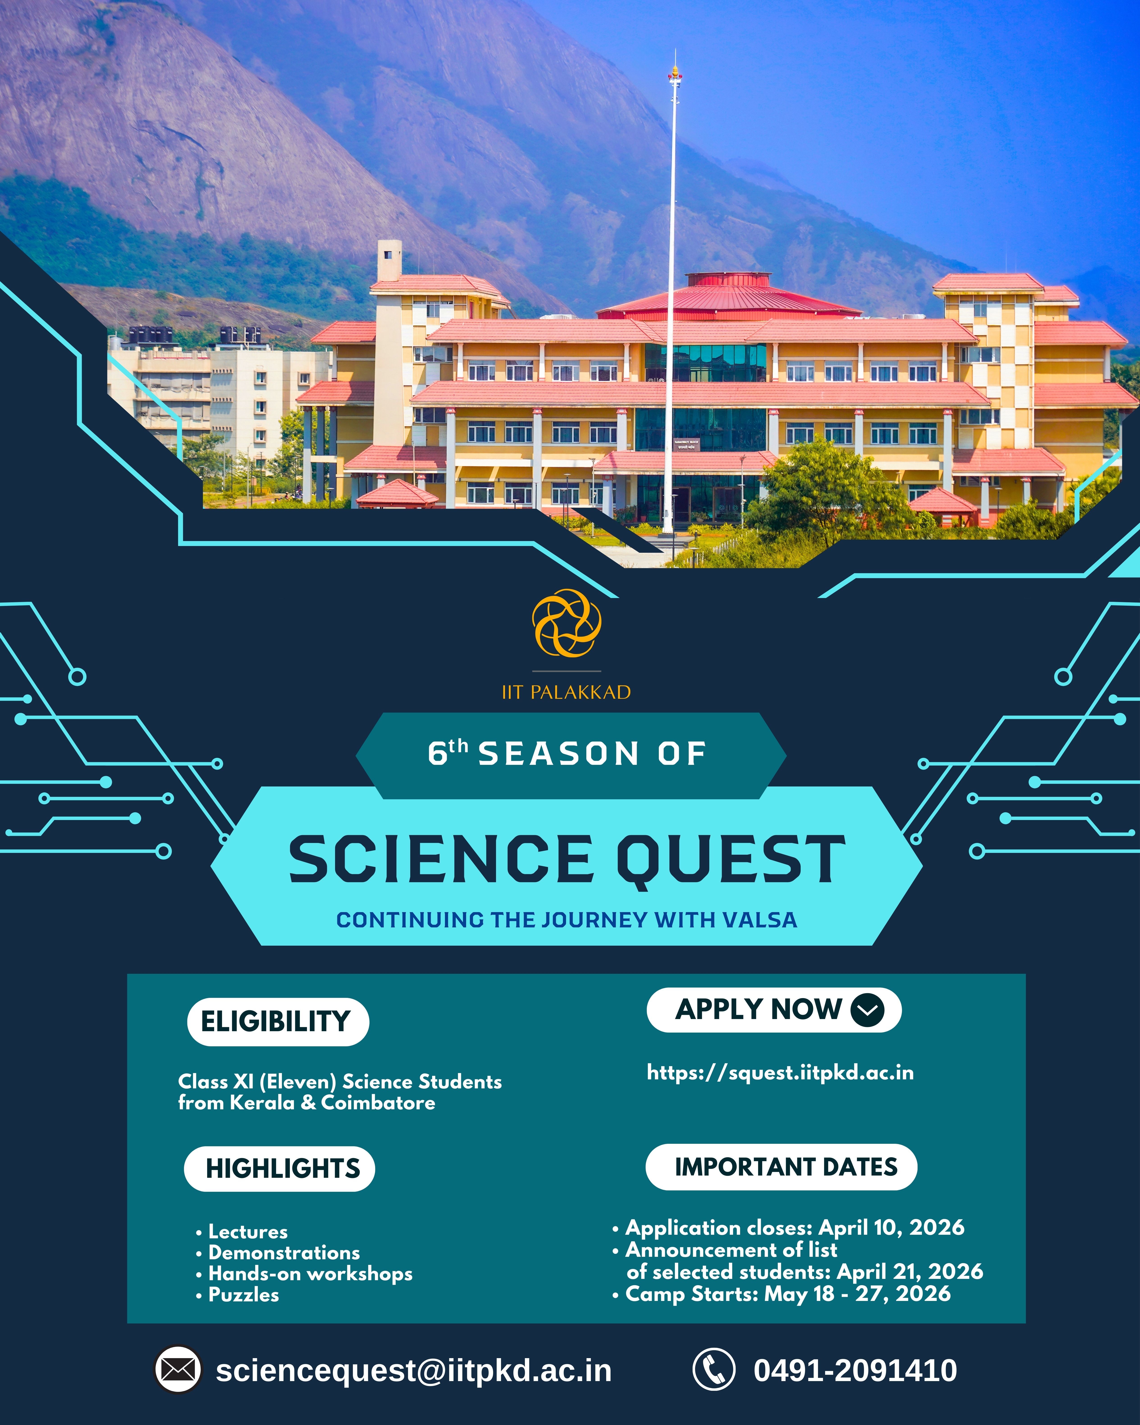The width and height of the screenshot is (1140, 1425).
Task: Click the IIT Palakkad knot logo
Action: click(566, 623)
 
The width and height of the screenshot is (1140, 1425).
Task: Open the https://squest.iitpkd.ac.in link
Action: click(780, 1072)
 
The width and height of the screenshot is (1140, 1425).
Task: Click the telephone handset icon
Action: click(713, 1369)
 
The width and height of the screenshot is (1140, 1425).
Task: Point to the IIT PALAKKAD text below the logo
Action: click(566, 692)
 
